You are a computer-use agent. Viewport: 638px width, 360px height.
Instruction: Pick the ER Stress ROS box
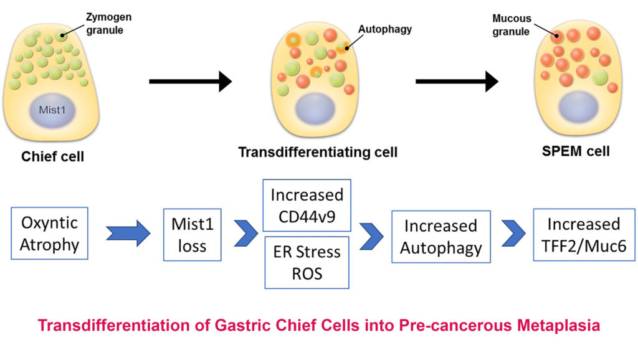click(x=307, y=262)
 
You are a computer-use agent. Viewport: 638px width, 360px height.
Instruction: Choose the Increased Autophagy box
click(x=440, y=237)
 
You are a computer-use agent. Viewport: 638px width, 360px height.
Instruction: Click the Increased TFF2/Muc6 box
click(x=584, y=233)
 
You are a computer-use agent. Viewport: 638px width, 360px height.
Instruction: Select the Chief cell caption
click(x=52, y=156)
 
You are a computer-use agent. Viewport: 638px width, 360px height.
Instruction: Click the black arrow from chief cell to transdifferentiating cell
click(x=190, y=80)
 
